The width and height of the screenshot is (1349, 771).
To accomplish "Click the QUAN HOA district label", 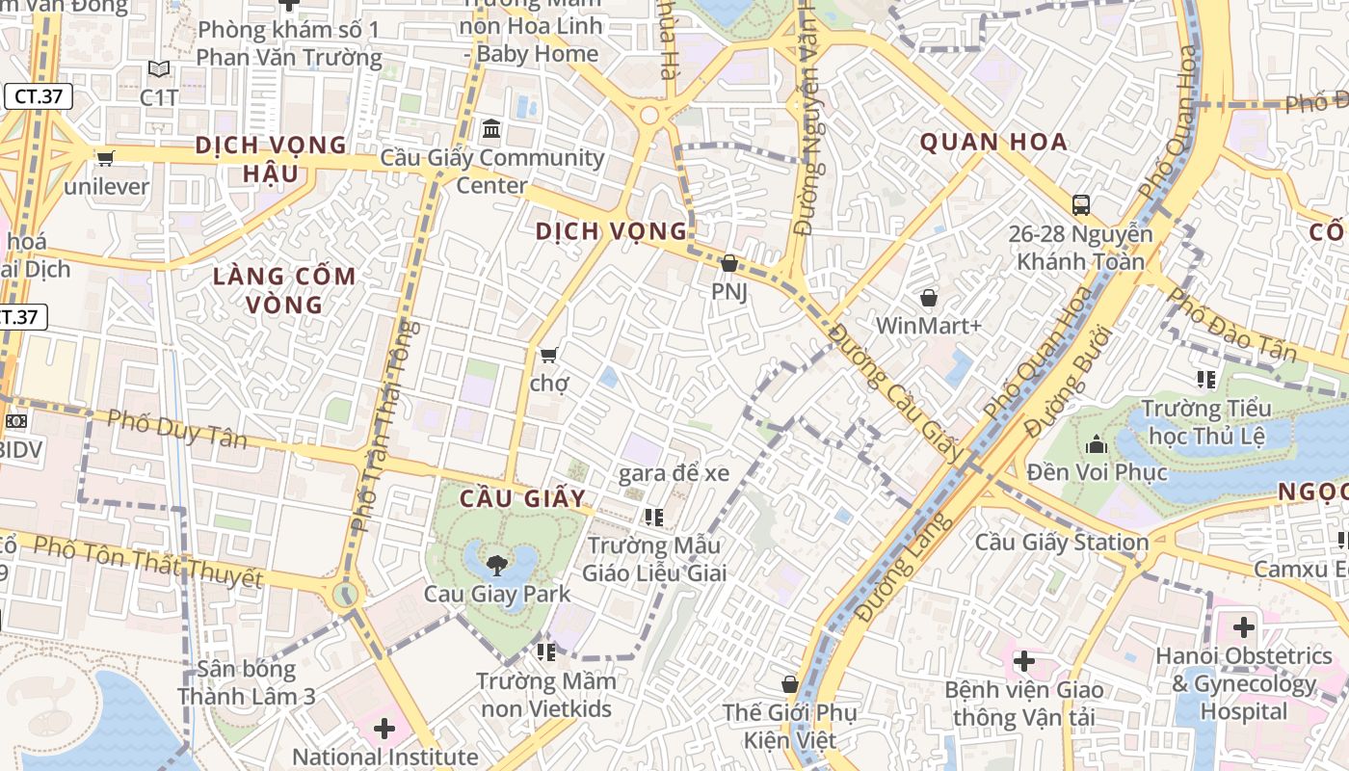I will click(x=993, y=143).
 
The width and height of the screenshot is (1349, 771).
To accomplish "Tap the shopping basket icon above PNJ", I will click(x=729, y=263).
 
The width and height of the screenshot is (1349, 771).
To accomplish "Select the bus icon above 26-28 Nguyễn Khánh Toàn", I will click(x=1081, y=204).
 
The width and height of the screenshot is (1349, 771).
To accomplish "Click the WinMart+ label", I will click(x=928, y=326).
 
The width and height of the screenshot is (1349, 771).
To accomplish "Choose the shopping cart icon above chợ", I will click(x=549, y=355).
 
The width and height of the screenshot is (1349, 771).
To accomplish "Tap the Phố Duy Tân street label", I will click(x=176, y=429).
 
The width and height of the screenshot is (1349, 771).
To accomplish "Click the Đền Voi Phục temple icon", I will click(x=1097, y=444).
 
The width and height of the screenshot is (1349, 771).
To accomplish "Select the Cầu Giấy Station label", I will click(x=1062, y=543).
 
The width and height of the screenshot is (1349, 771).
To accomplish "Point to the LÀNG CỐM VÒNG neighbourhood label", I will click(x=284, y=290).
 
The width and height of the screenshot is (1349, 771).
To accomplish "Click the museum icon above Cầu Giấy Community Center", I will click(x=491, y=128).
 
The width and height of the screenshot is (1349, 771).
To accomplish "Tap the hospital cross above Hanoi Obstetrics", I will click(x=1244, y=627).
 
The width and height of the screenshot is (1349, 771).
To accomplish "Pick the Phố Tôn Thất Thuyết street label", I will click(x=147, y=561).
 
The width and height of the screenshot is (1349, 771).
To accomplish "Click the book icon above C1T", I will click(x=159, y=69).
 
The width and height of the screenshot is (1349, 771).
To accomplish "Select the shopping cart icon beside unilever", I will click(x=105, y=158).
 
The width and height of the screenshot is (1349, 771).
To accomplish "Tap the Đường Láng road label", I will click(x=904, y=568).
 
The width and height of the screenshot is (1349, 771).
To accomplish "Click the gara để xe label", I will click(x=674, y=472).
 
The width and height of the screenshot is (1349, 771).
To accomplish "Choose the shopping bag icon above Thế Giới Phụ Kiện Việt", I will click(x=790, y=685).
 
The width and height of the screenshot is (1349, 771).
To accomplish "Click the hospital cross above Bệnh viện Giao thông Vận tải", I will click(x=1024, y=661).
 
